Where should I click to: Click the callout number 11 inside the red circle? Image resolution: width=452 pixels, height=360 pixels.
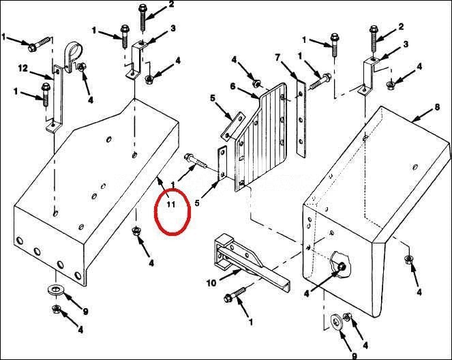[171, 205]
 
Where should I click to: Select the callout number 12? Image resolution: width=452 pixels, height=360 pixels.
[23, 68]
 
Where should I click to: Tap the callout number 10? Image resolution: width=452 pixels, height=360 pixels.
[211, 283]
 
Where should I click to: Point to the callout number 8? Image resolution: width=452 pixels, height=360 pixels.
[437, 107]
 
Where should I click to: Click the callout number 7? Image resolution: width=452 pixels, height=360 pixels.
[277, 58]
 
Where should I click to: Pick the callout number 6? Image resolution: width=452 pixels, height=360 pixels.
[233, 86]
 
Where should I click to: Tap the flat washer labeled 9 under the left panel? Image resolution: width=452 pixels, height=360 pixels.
[55, 289]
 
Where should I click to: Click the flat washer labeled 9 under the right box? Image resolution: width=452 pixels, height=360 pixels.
[335, 321]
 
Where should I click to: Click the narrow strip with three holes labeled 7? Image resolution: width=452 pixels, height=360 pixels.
[301, 118]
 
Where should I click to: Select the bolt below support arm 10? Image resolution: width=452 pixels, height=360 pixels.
[235, 295]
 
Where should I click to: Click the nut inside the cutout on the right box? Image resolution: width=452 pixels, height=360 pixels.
[342, 266]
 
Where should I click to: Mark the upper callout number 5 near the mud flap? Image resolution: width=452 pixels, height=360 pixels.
[213, 98]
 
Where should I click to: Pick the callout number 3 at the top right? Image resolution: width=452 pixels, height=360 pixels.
[406, 44]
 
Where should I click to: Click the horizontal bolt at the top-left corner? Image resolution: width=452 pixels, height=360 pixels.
[41, 43]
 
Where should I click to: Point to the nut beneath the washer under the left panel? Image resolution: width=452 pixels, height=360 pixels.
[56, 309]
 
